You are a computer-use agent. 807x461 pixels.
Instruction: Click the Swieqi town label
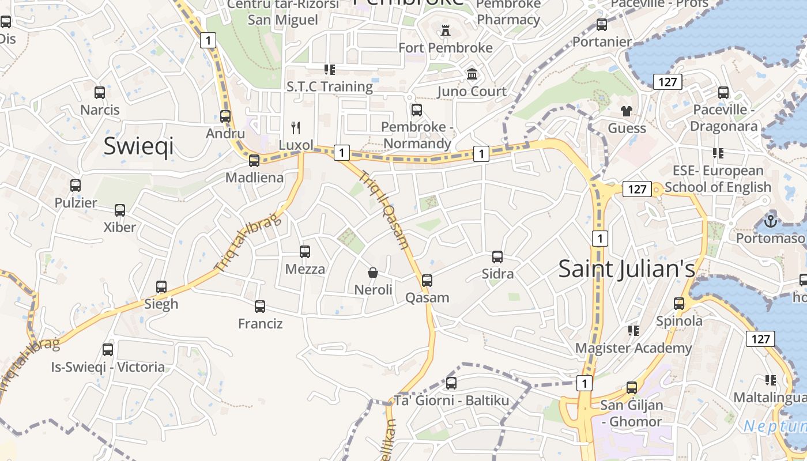[x=138, y=146]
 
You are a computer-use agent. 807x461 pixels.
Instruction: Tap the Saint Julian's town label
[x=627, y=269]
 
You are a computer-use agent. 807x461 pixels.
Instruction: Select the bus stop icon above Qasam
[x=427, y=281]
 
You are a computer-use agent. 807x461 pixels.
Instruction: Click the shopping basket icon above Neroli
[x=373, y=272]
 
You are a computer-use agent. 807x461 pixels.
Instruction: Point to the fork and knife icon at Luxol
[x=296, y=127]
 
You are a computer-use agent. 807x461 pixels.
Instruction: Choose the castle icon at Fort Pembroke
[x=445, y=31]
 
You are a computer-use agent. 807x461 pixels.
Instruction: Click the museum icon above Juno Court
[x=472, y=74]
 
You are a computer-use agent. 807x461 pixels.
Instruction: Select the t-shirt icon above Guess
[x=627, y=111]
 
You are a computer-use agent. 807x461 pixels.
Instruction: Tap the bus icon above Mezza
[x=305, y=252]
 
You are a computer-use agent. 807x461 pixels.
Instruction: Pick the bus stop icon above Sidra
[x=497, y=257]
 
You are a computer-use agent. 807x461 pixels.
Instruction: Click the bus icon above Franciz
[x=260, y=307]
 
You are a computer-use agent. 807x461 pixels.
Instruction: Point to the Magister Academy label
[x=633, y=348]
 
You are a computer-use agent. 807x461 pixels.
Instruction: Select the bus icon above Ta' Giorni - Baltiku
[x=451, y=383]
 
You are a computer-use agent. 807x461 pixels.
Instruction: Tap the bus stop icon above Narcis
[x=100, y=92]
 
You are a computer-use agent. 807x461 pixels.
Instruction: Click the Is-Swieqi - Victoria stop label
[x=108, y=367]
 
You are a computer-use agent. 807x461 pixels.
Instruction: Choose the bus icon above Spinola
[x=679, y=304]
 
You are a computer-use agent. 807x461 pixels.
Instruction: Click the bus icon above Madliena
[x=254, y=161]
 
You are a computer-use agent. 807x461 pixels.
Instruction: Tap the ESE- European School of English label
[x=718, y=179]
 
